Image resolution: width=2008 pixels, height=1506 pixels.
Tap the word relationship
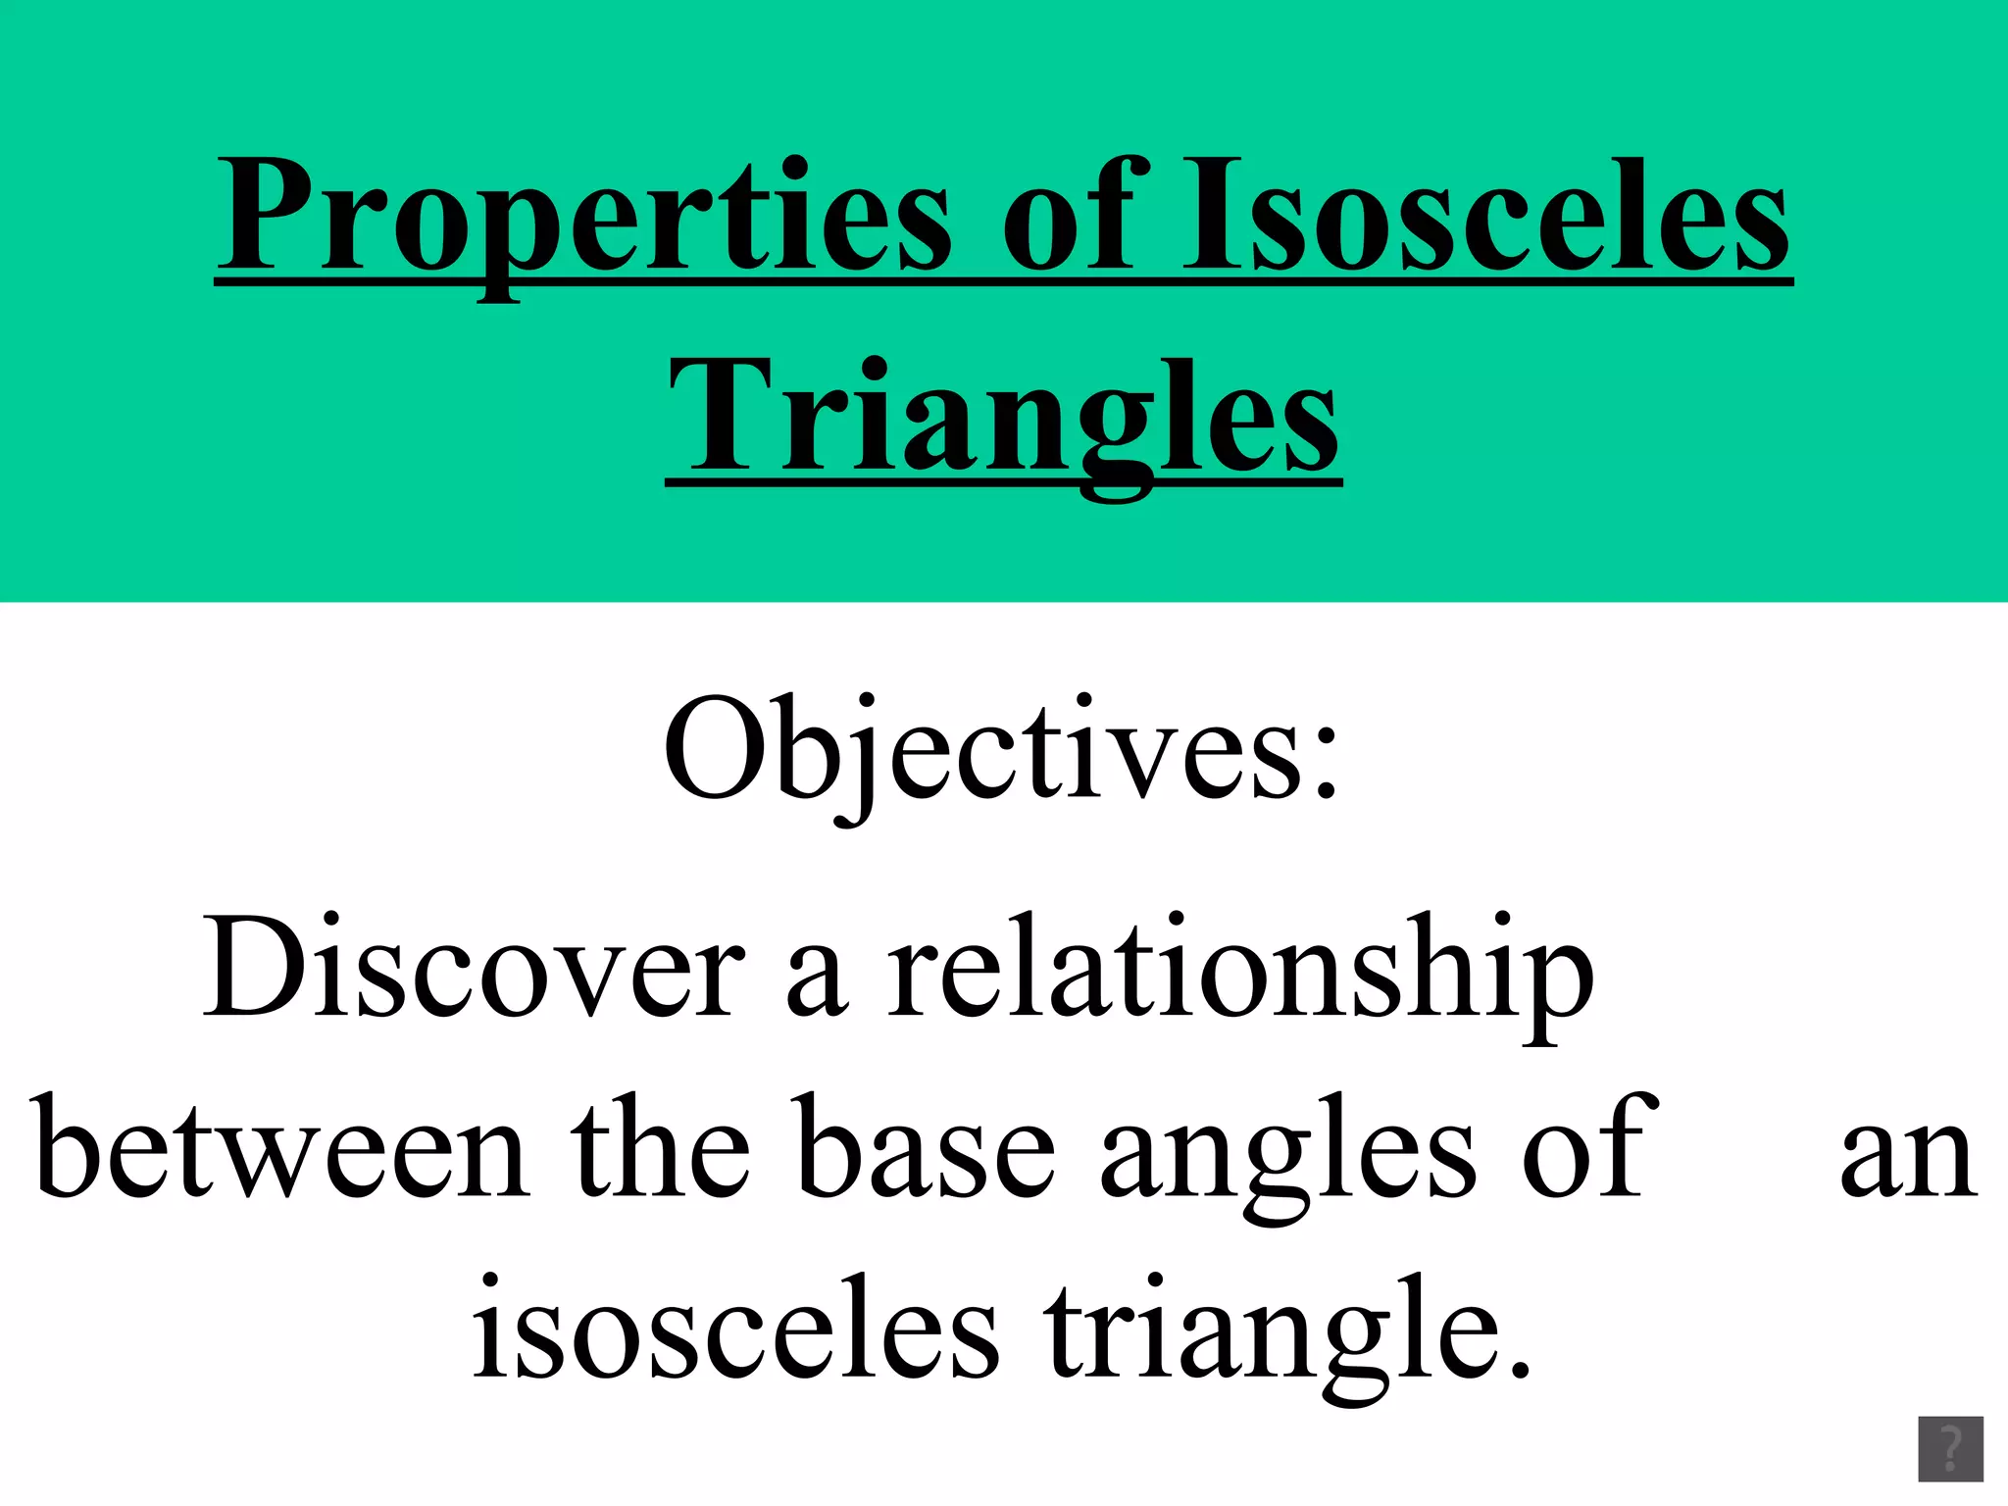point(1240,976)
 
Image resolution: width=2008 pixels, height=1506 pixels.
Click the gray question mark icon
point(1950,1449)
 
